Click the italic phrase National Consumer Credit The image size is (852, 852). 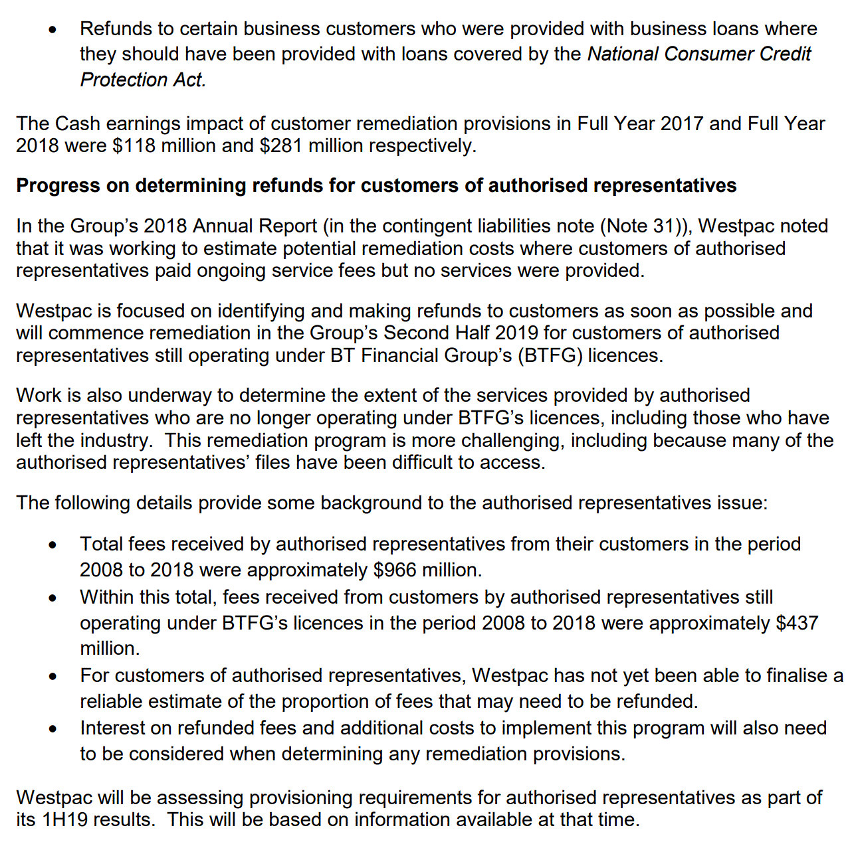[x=699, y=54]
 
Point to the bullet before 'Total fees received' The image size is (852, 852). [x=53, y=545]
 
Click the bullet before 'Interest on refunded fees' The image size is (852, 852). [x=53, y=729]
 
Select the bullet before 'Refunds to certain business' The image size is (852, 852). [x=53, y=30]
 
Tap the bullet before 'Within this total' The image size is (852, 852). [x=53, y=598]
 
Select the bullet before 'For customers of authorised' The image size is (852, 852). [x=53, y=677]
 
